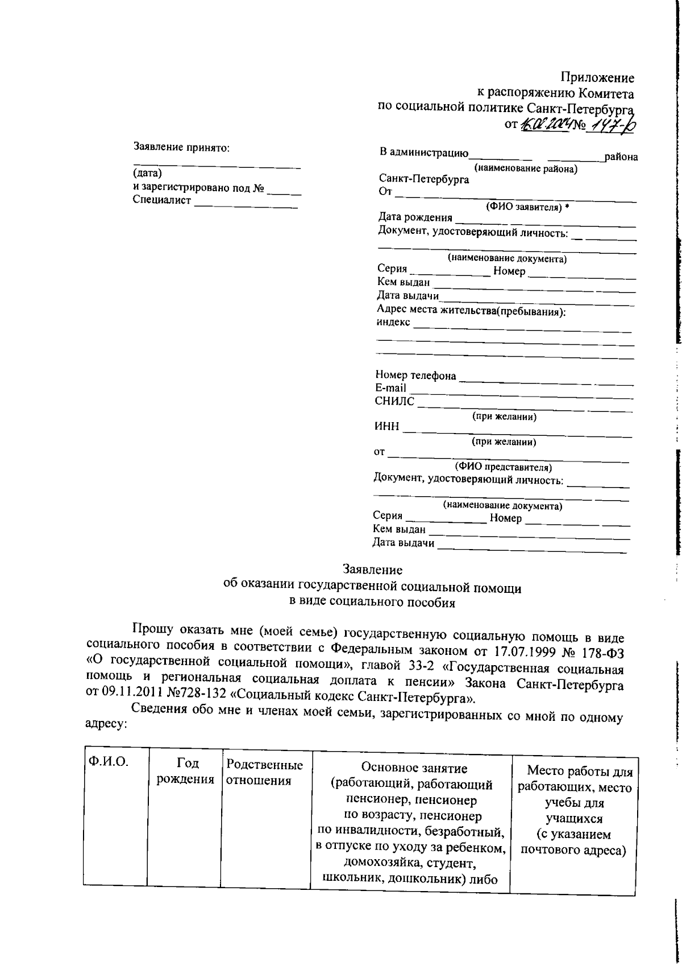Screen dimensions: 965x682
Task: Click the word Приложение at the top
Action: [597, 77]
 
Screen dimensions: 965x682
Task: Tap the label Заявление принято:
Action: [181, 148]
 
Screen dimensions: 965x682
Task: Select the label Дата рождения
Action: [415, 217]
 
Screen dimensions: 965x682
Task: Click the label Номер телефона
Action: [415, 376]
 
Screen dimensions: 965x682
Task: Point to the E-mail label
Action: [390, 388]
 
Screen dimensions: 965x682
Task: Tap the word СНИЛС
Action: [394, 401]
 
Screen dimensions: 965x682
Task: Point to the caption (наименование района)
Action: [526, 168]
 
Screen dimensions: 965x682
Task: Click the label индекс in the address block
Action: [393, 322]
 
